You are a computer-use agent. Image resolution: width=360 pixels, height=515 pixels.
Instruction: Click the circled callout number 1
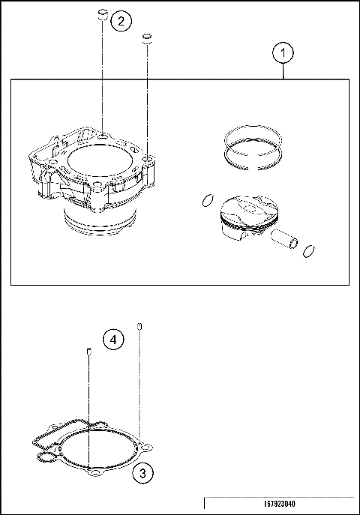(x=283, y=53)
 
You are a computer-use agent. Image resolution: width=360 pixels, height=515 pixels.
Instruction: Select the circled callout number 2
(x=122, y=21)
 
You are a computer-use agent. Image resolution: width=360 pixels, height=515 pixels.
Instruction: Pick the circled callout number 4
(x=112, y=340)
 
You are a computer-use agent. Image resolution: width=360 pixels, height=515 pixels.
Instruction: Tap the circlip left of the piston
(x=208, y=199)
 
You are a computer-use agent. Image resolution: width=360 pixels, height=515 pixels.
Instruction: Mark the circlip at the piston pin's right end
(x=307, y=250)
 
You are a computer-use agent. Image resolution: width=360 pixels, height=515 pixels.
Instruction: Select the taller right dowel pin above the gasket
(x=139, y=326)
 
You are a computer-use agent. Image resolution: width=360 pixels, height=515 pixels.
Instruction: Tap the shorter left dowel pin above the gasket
(x=89, y=352)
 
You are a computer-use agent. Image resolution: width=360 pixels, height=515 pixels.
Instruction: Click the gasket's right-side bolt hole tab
(x=148, y=449)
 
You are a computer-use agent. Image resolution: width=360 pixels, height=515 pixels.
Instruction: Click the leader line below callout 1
(x=283, y=70)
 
